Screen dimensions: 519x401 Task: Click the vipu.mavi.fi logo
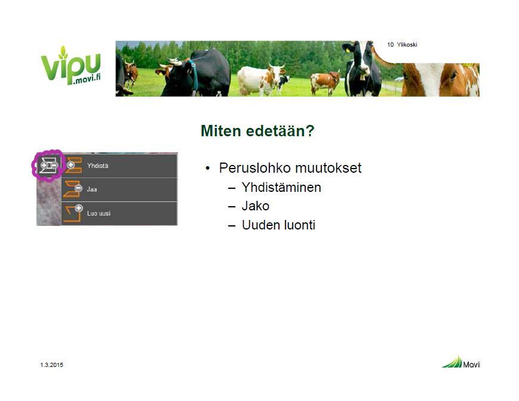[x=70, y=65]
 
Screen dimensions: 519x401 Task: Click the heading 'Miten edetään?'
[x=257, y=131]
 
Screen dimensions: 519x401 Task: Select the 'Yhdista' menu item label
[x=97, y=166]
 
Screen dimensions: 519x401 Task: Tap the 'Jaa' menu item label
[x=92, y=189]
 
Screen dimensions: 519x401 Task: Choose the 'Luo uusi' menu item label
[x=99, y=213]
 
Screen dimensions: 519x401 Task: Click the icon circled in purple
[x=48, y=165]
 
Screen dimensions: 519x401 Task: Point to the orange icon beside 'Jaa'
[x=73, y=189]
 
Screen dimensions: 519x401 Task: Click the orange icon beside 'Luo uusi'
[x=73, y=213]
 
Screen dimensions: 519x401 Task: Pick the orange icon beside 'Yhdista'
[x=73, y=165]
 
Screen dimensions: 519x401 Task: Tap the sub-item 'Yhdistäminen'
[x=281, y=188]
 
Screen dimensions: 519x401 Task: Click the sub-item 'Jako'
[x=256, y=206]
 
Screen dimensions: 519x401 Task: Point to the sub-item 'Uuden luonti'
[x=278, y=225]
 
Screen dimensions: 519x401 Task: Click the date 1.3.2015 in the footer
[x=51, y=365]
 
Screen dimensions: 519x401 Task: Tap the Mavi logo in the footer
[x=460, y=362]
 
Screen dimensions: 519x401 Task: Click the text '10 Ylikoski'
[x=402, y=45]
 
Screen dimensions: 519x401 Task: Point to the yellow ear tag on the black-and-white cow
[x=348, y=51]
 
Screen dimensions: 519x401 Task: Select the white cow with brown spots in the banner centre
[x=260, y=80]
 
